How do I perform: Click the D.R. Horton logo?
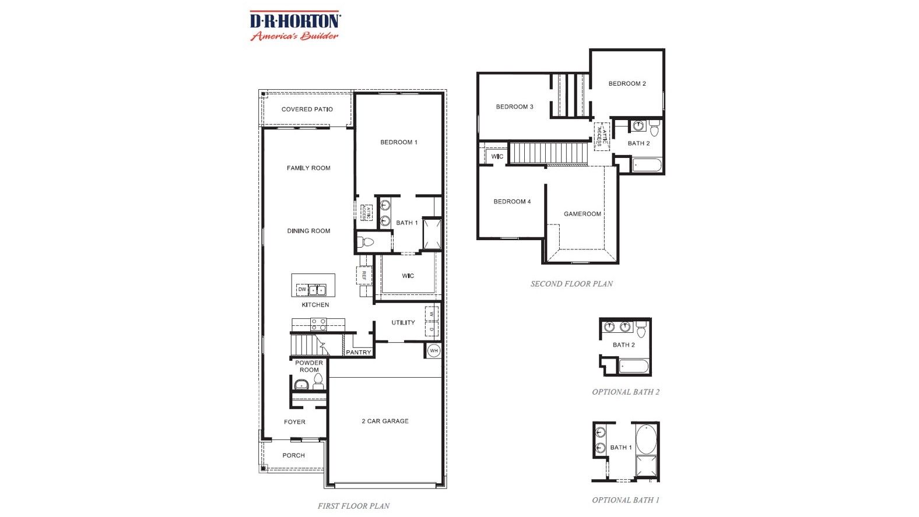coord(295,26)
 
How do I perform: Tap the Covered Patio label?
coord(307,109)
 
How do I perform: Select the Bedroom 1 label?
coord(399,142)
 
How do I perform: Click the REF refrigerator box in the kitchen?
coord(364,275)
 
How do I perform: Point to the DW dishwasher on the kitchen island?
coord(301,289)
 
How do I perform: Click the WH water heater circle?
coord(433,351)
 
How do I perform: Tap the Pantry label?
coord(358,352)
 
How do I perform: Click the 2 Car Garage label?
coord(385,421)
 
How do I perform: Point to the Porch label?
coord(293,455)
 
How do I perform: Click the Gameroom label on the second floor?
coord(582,214)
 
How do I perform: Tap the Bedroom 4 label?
coord(512,202)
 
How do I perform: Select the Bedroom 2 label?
coord(627,83)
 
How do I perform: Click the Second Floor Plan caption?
coord(571,284)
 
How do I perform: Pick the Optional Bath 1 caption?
coord(625,500)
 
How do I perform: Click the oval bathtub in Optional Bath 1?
coord(646,439)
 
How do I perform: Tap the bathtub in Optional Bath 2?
coord(633,367)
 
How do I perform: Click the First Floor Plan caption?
coord(353,506)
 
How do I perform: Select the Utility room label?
coord(403,322)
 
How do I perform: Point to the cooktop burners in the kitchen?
coord(318,324)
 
